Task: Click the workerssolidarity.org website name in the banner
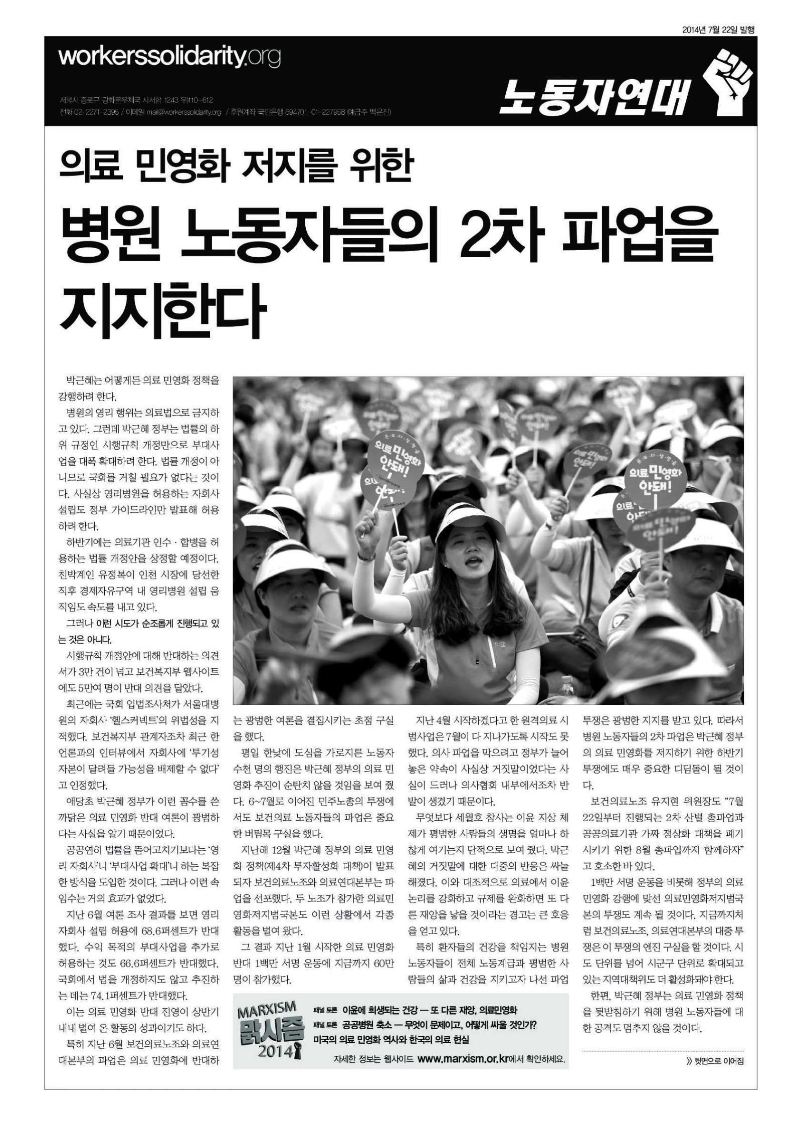[x=169, y=57]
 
